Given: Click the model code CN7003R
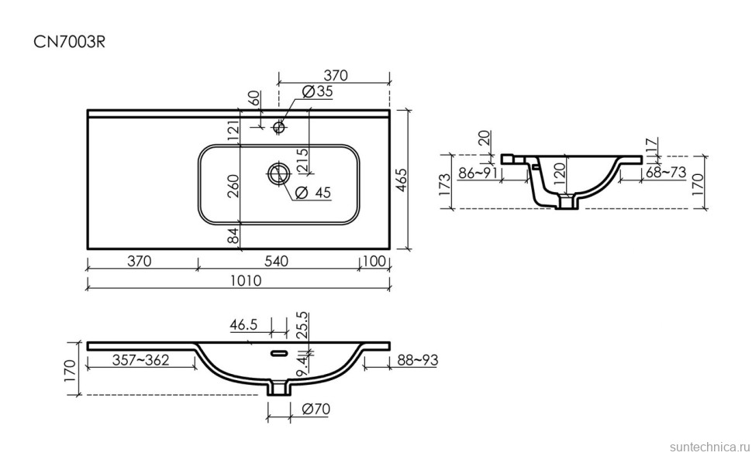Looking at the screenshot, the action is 69,42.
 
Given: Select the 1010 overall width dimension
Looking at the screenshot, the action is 246,280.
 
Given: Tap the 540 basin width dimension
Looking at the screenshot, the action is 277,261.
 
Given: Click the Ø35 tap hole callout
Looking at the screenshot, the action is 318,91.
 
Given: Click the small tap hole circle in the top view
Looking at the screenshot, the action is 278,127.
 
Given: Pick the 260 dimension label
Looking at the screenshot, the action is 233,186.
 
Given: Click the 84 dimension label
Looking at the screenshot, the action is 233,236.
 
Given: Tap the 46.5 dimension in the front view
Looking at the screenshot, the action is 243,324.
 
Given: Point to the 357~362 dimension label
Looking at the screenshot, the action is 140,360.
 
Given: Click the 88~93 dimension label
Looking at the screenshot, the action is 416,360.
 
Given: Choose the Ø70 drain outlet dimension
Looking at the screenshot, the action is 316,410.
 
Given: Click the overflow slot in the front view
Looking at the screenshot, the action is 278,354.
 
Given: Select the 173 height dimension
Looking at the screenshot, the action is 445,183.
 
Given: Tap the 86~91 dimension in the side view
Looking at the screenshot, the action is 478,173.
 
